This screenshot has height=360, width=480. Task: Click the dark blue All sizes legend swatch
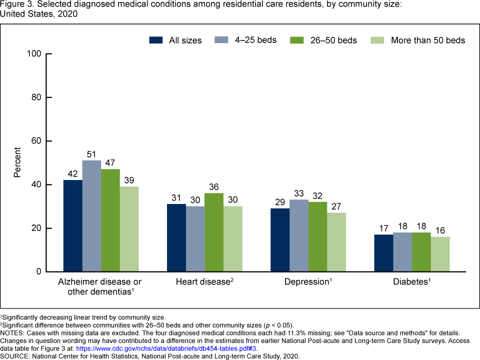click(x=156, y=40)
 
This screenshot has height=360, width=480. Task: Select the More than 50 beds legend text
click(x=422, y=40)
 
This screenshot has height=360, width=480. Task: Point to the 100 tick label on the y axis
click(x=34, y=53)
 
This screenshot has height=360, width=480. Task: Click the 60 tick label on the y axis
click(x=36, y=141)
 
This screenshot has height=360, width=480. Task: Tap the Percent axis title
click(x=17, y=162)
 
